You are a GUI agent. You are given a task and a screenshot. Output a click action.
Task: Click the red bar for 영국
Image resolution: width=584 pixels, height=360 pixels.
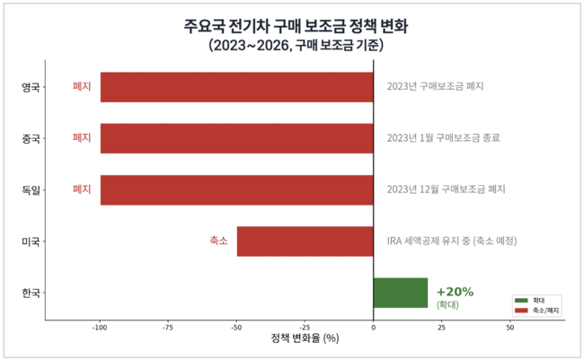236,87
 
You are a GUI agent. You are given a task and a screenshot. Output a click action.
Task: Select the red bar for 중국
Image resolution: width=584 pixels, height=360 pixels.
236,138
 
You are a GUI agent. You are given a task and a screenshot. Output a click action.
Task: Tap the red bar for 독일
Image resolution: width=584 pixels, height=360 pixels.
236,189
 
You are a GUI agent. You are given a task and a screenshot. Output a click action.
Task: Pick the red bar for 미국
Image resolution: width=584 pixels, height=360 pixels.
305,241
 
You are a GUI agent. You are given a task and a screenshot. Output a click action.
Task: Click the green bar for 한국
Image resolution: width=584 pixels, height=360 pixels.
401,293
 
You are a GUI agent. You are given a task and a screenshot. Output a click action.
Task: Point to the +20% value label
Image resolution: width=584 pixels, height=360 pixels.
455,292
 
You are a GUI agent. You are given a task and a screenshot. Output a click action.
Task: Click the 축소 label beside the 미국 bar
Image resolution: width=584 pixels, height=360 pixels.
218,241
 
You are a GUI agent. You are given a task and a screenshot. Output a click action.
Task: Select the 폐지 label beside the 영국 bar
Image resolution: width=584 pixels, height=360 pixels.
82,87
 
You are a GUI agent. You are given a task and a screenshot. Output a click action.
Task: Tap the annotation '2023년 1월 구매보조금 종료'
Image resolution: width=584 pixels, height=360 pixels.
443,138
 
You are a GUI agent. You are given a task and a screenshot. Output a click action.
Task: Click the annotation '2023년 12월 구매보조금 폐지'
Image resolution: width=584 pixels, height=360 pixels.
446,189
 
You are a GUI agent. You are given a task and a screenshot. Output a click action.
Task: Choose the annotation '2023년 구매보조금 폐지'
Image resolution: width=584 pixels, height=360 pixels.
435,87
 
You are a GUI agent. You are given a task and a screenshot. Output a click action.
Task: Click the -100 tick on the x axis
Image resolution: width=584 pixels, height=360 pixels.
100,328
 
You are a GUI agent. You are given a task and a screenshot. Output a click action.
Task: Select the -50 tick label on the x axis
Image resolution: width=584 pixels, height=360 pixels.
236,328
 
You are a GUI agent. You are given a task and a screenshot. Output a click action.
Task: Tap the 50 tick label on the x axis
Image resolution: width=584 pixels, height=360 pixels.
510,328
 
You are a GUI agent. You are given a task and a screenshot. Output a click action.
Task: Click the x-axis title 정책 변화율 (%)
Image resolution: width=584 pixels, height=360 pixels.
305,339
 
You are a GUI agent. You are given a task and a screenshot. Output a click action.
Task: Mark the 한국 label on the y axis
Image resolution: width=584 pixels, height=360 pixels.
31,293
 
